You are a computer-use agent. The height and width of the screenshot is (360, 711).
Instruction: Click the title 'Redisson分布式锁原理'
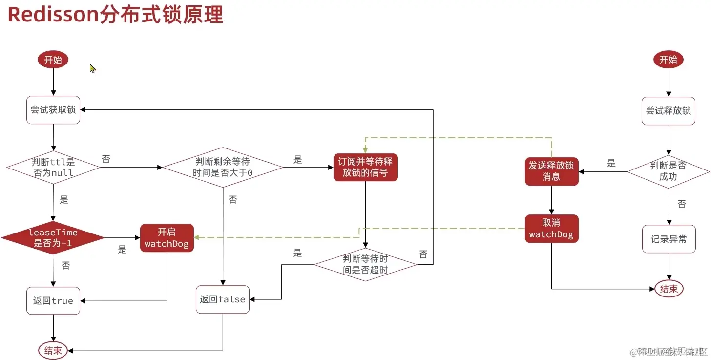coord(116,15)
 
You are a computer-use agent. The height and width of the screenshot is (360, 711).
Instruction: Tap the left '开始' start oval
coord(53,60)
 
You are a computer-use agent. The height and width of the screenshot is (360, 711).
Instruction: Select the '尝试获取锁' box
coord(53,110)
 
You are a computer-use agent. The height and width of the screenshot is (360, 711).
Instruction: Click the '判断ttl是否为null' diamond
coord(53,168)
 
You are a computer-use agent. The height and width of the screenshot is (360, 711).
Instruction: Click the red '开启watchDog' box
coord(167,238)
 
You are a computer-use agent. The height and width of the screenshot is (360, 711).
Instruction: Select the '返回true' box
coord(53,301)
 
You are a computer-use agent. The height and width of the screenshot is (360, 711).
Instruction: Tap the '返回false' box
coord(223,299)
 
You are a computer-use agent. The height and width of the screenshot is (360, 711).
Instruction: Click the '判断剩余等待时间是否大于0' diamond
coord(223,167)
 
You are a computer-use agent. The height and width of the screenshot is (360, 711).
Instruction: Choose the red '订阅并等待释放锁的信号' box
coord(366,167)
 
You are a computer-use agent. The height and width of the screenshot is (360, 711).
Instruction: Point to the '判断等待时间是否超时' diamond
coord(365,264)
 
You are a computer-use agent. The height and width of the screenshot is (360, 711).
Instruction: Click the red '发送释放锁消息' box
coord(551,171)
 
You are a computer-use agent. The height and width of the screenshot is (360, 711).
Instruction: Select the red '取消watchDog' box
coord(551,229)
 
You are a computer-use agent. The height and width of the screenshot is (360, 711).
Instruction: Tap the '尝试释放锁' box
coord(668,111)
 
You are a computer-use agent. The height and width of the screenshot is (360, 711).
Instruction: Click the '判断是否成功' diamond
coord(668,171)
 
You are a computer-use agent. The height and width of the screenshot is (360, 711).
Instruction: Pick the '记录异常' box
coord(669,239)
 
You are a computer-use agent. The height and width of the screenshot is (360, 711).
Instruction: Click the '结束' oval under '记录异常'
coord(669,289)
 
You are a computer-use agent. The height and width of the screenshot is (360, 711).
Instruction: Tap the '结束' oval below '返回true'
coord(53,350)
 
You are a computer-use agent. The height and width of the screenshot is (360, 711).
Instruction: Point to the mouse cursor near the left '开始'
coord(92,68)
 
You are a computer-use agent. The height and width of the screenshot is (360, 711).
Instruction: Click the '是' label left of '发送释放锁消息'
coord(611,164)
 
